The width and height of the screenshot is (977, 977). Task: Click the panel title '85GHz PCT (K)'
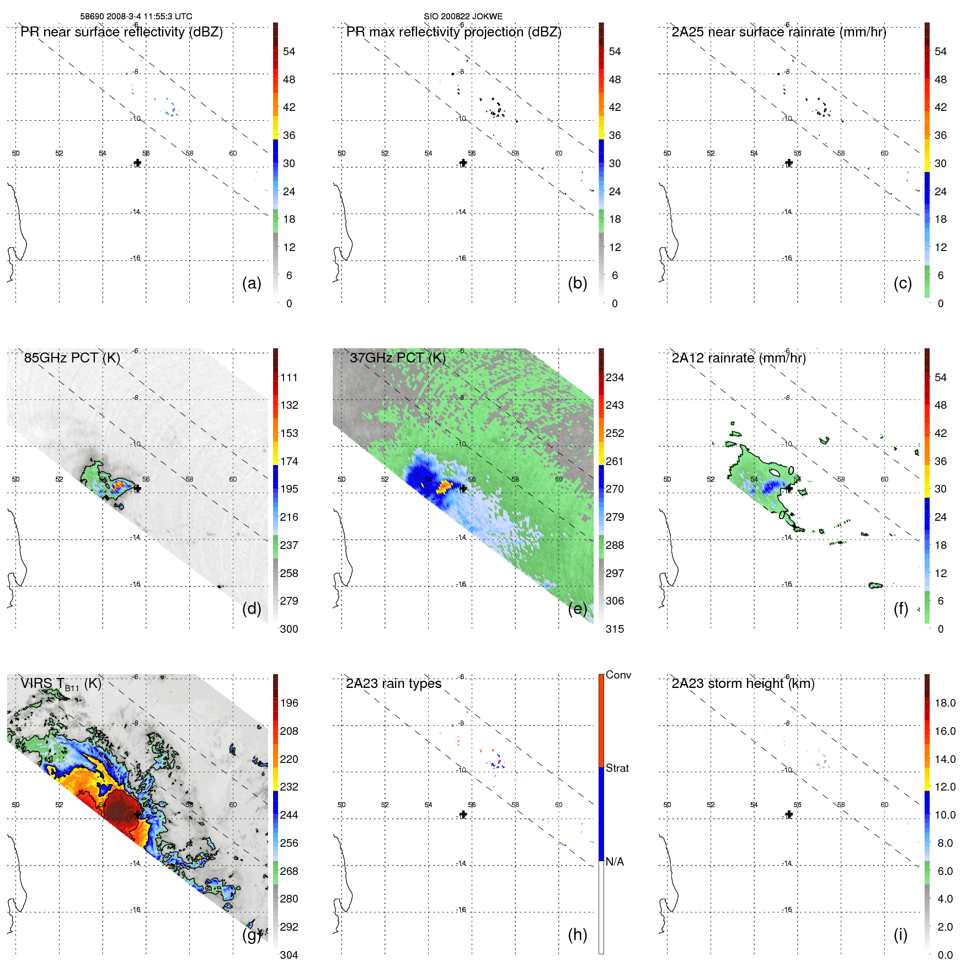click(x=72, y=358)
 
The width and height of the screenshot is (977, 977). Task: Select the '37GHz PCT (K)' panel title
click(x=397, y=358)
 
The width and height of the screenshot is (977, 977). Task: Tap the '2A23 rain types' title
click(x=393, y=684)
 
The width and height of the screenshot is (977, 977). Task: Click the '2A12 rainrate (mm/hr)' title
click(x=738, y=358)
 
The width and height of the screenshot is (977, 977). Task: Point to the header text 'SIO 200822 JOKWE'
click(x=463, y=17)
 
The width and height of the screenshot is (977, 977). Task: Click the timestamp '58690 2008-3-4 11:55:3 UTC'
click(x=136, y=17)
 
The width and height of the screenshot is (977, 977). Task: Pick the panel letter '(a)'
click(x=252, y=283)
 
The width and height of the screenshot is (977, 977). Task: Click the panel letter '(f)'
click(x=901, y=608)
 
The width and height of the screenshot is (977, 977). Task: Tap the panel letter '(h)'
click(x=577, y=935)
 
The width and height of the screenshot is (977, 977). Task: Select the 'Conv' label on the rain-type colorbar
click(x=618, y=675)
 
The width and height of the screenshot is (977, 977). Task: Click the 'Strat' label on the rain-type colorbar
click(x=617, y=768)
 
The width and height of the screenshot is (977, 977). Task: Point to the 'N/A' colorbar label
click(x=615, y=862)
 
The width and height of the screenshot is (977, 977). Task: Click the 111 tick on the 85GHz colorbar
click(x=289, y=377)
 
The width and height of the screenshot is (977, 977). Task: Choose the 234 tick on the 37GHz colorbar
click(x=615, y=377)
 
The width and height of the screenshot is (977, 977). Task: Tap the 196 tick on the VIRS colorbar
click(x=289, y=703)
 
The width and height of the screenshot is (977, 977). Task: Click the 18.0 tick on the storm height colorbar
click(x=944, y=703)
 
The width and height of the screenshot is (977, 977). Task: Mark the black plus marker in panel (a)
click(x=137, y=163)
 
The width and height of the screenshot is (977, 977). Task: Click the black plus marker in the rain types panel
click(x=463, y=814)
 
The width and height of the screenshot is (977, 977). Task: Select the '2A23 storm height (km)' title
click(x=743, y=684)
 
